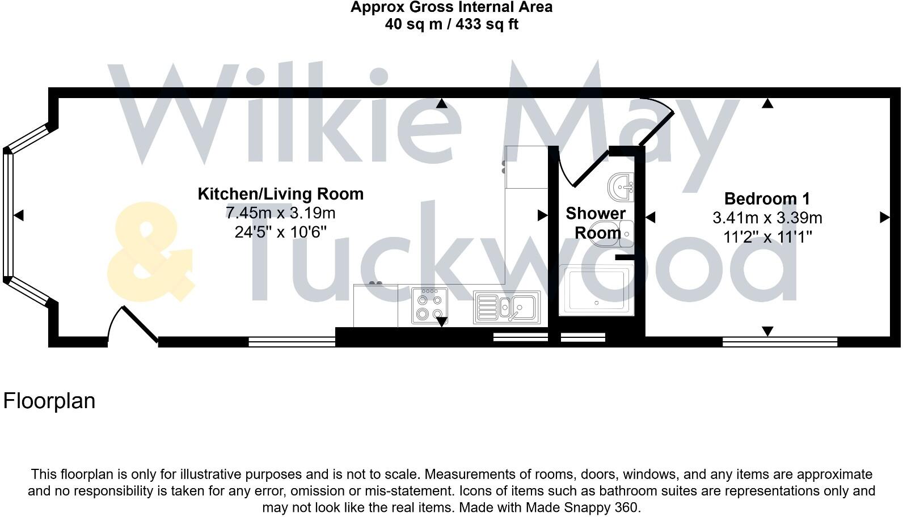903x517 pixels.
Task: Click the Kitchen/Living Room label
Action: [x=280, y=194]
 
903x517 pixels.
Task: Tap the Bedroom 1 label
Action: [x=767, y=199]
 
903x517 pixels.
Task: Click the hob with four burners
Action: [x=429, y=306]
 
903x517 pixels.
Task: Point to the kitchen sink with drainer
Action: [x=507, y=307]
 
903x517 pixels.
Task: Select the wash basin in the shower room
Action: [x=621, y=185]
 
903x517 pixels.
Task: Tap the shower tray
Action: [x=596, y=290]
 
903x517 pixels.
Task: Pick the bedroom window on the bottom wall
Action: [x=780, y=341]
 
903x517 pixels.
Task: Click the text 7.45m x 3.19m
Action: [x=280, y=213]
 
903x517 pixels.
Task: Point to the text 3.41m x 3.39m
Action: [x=767, y=218]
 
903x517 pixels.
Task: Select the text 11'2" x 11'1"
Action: [x=767, y=236]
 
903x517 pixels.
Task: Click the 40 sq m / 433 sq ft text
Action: [x=451, y=24]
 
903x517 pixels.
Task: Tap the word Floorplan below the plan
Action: [x=49, y=401]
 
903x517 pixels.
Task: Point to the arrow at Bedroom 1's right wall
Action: [x=884, y=217]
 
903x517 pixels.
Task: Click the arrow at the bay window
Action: [x=19, y=215]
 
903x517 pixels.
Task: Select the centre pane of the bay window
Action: [x=8, y=215]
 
